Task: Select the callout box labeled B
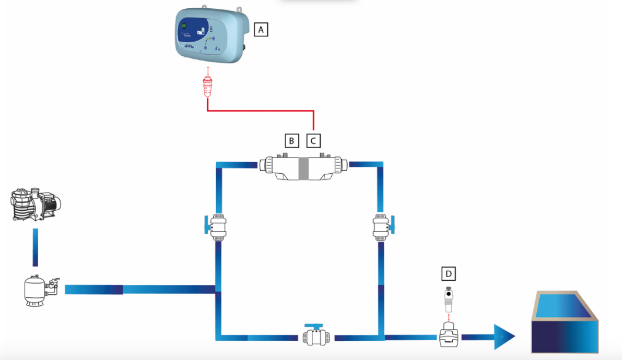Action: tap(291, 140)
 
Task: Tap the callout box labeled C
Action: tap(314, 140)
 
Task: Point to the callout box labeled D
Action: tap(448, 273)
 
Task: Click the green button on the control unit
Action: tap(184, 26)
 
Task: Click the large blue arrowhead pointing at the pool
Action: tap(503, 337)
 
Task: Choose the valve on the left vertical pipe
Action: tap(218, 226)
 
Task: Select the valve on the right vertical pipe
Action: tap(382, 226)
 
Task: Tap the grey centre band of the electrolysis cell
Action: tap(303, 169)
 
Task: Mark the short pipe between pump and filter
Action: tap(35, 247)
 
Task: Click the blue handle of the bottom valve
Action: tap(314, 325)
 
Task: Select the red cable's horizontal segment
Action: tap(261, 110)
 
